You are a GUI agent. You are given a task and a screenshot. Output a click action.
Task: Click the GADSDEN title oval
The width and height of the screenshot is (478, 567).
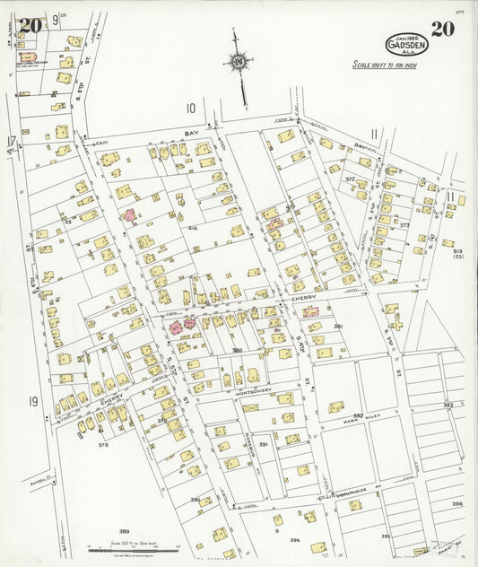coord(407,44)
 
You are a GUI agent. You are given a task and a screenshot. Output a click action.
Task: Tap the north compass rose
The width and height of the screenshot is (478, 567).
coord(239,63)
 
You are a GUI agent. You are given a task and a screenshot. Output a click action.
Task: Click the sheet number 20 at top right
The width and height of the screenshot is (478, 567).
coord(442,28)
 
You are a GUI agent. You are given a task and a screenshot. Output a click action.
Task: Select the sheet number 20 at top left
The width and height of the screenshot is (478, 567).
coord(30,25)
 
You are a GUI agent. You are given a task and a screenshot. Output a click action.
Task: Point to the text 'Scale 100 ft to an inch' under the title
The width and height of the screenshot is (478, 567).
coord(384,65)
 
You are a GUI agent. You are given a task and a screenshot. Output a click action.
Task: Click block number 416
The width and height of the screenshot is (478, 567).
coord(193,228)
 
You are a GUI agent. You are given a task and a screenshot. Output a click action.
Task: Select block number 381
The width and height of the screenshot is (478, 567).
coord(339,326)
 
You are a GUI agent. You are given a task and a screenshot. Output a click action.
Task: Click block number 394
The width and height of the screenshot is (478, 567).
coord(294,540)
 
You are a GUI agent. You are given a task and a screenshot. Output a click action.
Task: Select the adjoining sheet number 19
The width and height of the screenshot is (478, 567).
coord(33,401)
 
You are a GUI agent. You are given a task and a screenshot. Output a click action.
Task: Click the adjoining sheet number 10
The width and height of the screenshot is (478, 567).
coord(190,108)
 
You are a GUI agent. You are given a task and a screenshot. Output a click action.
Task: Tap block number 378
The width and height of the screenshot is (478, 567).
coord(103,444)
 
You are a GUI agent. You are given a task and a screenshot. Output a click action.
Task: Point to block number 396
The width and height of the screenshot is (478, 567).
coord(457,503)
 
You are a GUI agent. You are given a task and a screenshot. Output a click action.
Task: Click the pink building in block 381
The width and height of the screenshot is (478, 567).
coord(310,311)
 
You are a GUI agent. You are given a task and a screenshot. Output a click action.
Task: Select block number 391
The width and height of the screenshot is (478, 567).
coord(264,444)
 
